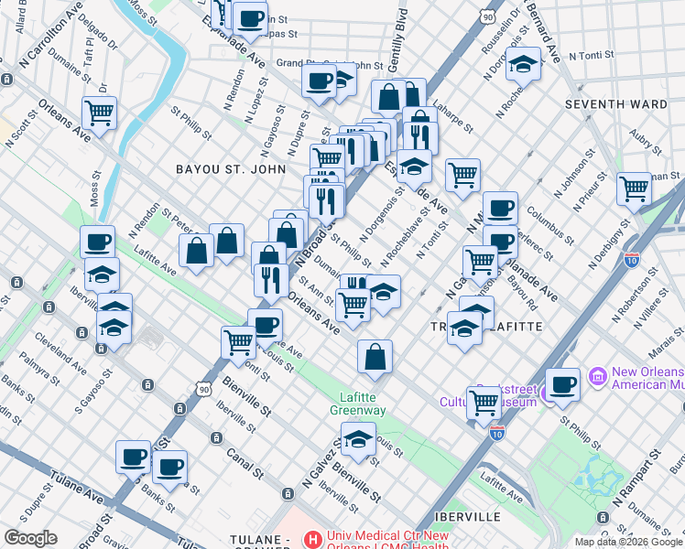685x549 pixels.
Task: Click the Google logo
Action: (x=30, y=538)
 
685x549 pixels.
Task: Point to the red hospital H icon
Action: (x=312, y=540)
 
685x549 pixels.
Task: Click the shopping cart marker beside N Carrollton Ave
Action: (x=100, y=113)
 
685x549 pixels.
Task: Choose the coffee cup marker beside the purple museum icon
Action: (x=561, y=384)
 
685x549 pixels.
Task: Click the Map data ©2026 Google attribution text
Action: (x=628, y=542)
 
